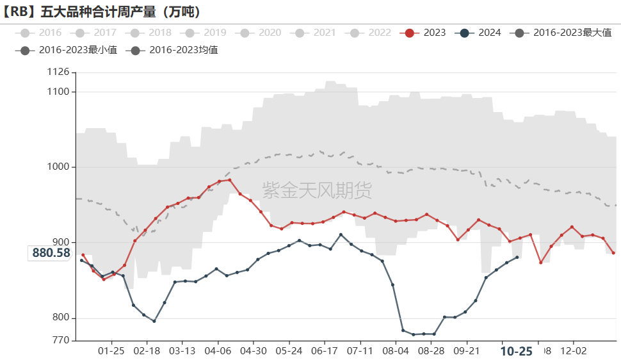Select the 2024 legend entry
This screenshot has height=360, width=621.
click(x=481, y=33)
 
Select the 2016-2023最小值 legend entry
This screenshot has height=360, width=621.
click(x=68, y=49)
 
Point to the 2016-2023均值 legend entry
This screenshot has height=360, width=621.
click(x=173, y=49)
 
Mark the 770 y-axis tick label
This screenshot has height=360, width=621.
click(x=61, y=340)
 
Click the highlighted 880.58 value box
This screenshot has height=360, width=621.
click(x=51, y=253)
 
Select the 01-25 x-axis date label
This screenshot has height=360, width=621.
click(x=111, y=351)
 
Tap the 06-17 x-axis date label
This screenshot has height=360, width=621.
click(x=325, y=351)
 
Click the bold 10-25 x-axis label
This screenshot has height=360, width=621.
click(x=516, y=351)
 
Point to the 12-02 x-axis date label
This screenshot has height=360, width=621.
click(x=573, y=351)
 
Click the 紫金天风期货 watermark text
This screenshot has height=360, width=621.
click(x=317, y=190)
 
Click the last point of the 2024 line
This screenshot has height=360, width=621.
click(x=517, y=257)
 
